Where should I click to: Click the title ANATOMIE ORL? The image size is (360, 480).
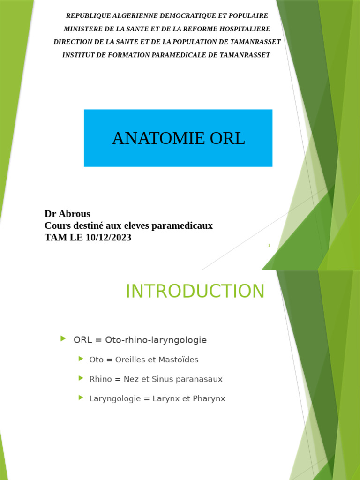coord(178,138)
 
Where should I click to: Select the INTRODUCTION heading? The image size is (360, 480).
coord(195,291)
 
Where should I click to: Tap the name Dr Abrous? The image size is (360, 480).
coord(67,214)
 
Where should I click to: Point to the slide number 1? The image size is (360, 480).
coord(269,246)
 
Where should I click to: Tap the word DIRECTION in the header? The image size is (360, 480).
coord(75,42)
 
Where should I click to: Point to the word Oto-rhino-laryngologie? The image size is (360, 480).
coord(156,340)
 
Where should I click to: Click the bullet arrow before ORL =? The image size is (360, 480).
coord(63,338)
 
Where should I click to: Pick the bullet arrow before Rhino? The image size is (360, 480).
coord(81,378)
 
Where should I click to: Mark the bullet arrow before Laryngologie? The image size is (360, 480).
coord(81,397)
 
